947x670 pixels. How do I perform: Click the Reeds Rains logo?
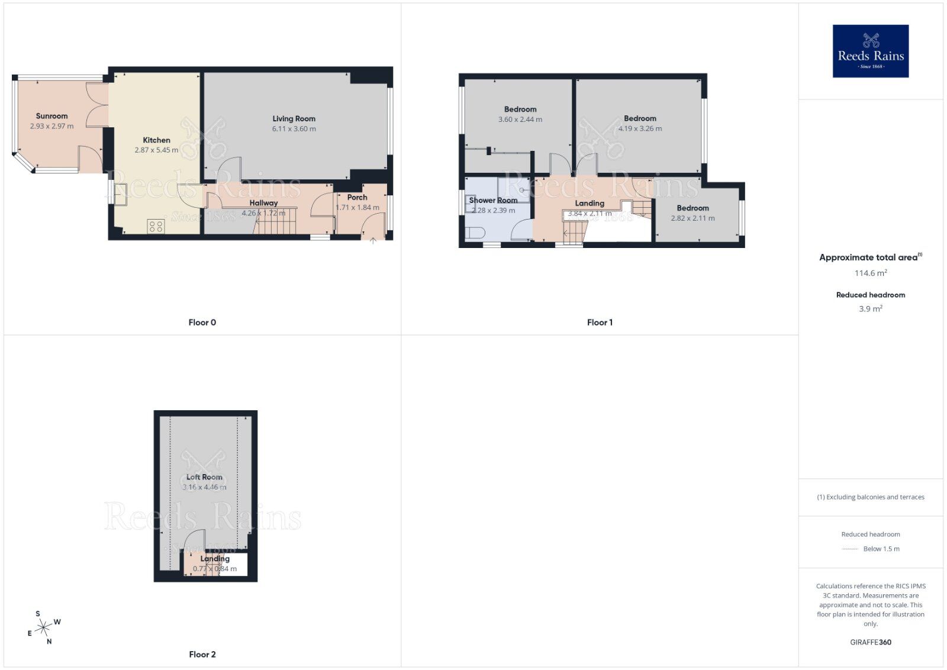(870, 51)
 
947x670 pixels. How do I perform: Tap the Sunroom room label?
(51, 116)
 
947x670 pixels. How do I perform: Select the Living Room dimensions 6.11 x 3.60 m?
(294, 129)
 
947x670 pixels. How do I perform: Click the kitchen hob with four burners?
(156, 226)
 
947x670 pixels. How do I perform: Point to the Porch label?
(357, 197)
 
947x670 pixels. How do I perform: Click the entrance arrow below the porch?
(373, 240)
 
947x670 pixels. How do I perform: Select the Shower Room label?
(493, 200)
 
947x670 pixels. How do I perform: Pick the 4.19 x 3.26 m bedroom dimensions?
(640, 128)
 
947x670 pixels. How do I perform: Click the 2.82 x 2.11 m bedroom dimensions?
(692, 218)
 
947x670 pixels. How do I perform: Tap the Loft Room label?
(204, 477)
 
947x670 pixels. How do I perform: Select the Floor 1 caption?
(600, 323)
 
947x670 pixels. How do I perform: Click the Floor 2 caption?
(202, 655)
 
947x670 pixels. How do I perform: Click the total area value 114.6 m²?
(870, 273)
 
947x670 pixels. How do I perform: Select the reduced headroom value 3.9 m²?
(870, 309)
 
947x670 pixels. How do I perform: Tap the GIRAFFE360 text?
(870, 642)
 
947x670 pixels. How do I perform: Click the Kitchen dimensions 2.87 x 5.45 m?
(156, 150)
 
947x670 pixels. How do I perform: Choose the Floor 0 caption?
(202, 323)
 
